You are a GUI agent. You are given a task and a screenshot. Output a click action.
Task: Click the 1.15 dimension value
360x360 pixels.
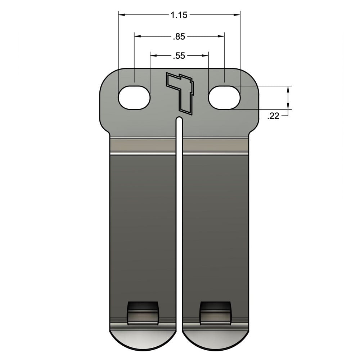click(179, 15)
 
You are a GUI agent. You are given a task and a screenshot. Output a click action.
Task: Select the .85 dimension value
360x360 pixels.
click(179, 36)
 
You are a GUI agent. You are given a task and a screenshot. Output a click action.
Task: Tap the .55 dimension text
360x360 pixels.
click(179, 56)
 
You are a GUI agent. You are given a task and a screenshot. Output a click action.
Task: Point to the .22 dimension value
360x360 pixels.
click(274, 116)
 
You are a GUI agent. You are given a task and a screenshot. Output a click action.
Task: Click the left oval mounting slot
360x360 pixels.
click(134, 98)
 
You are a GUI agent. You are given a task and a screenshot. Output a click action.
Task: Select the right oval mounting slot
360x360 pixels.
click(224, 98)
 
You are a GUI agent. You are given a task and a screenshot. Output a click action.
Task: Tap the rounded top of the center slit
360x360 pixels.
click(179, 119)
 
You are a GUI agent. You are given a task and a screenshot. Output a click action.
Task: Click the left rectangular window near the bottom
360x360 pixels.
click(143, 312)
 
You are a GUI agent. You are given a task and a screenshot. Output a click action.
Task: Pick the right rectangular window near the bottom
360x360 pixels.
click(215, 312)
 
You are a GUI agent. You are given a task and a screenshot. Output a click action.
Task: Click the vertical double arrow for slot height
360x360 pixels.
click(288, 97)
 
